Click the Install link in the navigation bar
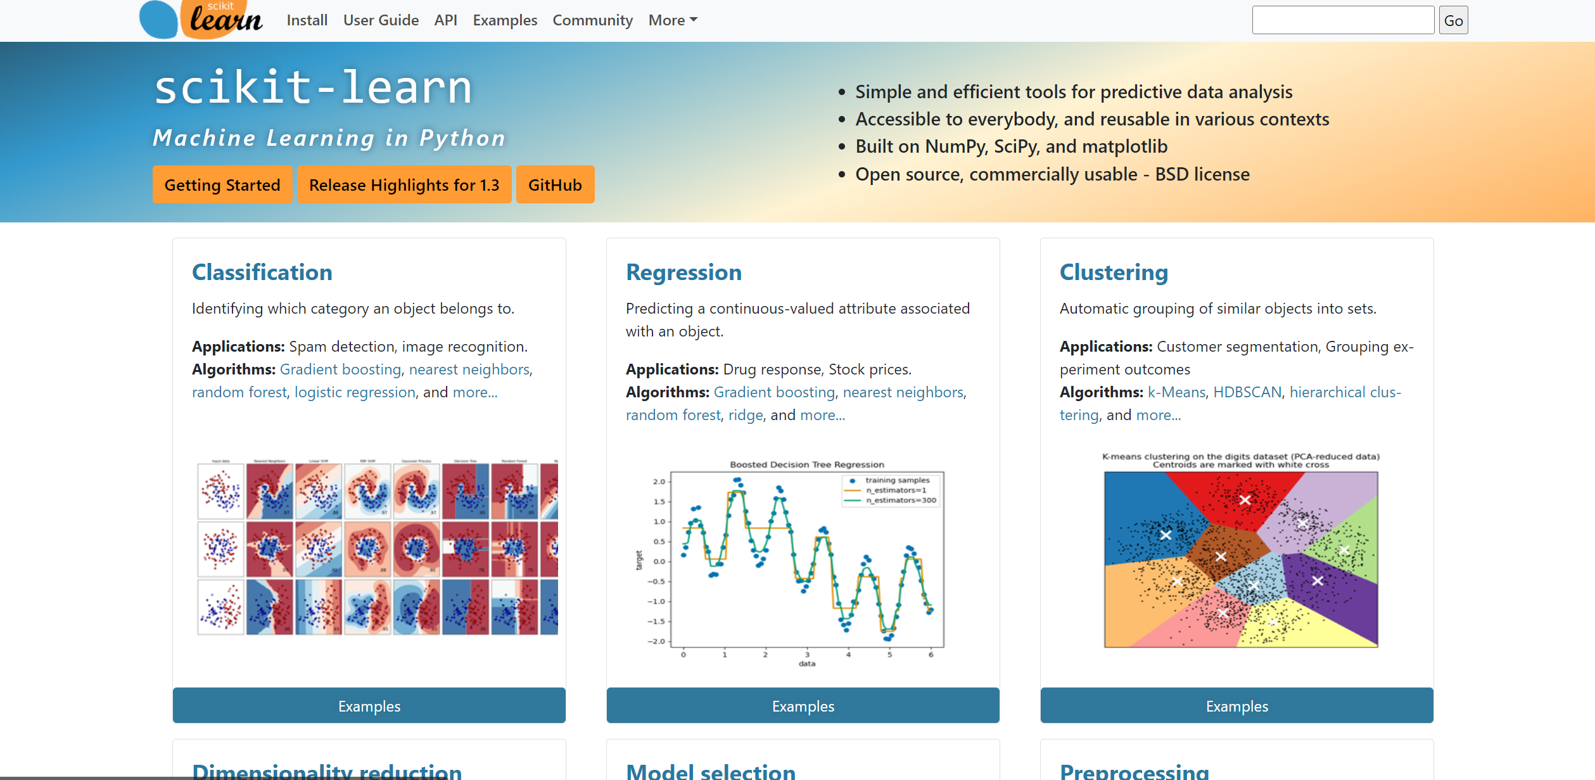(x=307, y=20)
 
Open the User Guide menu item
(x=381, y=20)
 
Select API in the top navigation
(x=445, y=20)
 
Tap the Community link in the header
(x=592, y=20)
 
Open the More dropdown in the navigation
(x=673, y=20)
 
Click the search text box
(x=1342, y=20)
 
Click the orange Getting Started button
(x=222, y=185)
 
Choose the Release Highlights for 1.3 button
(x=404, y=185)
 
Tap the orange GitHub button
(x=555, y=185)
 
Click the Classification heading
(x=262, y=272)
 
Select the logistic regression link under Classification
(x=355, y=392)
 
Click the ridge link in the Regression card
(x=746, y=415)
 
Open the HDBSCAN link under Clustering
(x=1247, y=392)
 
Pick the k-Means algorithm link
(x=1176, y=392)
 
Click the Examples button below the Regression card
(x=803, y=706)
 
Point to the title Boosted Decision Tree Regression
(x=806, y=464)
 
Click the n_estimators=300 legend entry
(x=900, y=500)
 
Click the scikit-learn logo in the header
(x=201, y=19)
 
